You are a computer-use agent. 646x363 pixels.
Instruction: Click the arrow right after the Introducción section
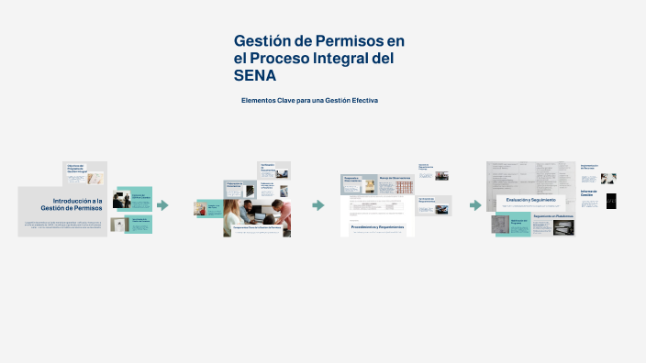(162, 205)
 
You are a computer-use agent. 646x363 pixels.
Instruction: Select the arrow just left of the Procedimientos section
(318, 205)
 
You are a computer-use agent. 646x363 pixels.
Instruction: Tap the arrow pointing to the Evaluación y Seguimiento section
(475, 205)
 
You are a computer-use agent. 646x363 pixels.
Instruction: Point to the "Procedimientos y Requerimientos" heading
(377, 225)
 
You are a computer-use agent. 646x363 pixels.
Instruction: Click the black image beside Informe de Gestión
(612, 201)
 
